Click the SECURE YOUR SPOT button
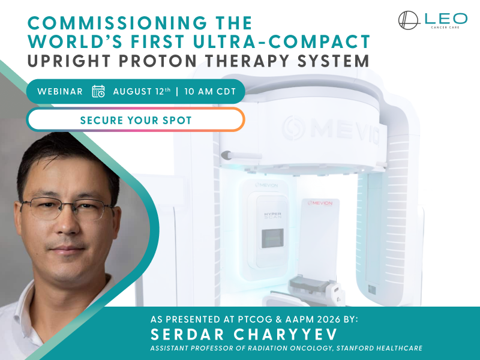136,119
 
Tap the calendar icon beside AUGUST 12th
98,91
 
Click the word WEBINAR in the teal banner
60,92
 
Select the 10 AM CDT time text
210,92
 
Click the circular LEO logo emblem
409,20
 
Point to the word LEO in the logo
446,19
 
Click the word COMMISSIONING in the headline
117,23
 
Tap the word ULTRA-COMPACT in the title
281,41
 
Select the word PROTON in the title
158,61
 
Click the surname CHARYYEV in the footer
286,334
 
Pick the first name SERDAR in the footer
187,334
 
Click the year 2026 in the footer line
329,319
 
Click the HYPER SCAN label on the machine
272,215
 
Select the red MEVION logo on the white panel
320,203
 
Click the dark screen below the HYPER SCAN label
272,238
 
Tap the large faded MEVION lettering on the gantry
331,128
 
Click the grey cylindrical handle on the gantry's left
241,155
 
